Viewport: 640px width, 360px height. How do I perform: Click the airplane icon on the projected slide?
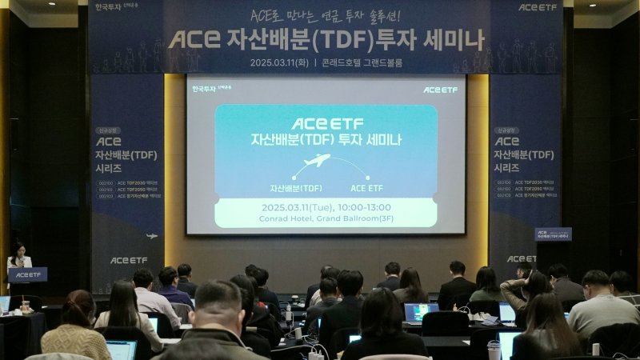coord(318,161)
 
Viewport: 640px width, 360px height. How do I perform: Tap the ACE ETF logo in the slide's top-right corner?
coord(441,90)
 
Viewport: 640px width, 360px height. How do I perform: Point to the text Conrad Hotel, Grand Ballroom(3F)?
coord(326,218)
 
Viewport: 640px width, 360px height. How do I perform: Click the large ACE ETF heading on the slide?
coord(326,124)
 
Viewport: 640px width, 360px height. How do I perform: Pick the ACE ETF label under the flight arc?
coord(366,188)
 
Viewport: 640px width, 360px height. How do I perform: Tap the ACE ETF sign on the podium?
coord(27,274)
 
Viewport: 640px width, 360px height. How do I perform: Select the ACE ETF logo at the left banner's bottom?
coord(128,260)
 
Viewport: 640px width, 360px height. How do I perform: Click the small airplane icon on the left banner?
coord(152,236)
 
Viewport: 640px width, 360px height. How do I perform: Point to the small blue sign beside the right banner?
coord(553,234)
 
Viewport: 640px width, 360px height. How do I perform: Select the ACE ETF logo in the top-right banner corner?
coord(537,7)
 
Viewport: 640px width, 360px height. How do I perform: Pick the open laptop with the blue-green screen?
coord(421,311)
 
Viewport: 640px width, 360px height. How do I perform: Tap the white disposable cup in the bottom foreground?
coord(494,350)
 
